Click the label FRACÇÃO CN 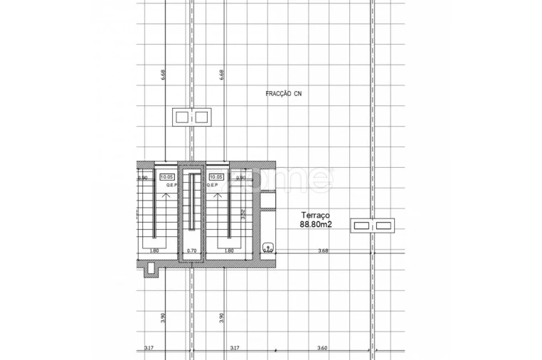tap(283, 93)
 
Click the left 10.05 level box tap(167, 177)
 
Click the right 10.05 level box tap(216, 177)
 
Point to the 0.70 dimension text tap(191, 250)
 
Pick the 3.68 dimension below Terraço tap(323, 250)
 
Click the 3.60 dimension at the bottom tap(322, 348)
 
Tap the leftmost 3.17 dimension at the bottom tap(148, 348)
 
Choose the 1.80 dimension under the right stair tap(229, 250)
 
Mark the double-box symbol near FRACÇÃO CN tap(193, 117)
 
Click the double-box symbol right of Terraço tap(373, 226)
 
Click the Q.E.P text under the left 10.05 tap(171, 185)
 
